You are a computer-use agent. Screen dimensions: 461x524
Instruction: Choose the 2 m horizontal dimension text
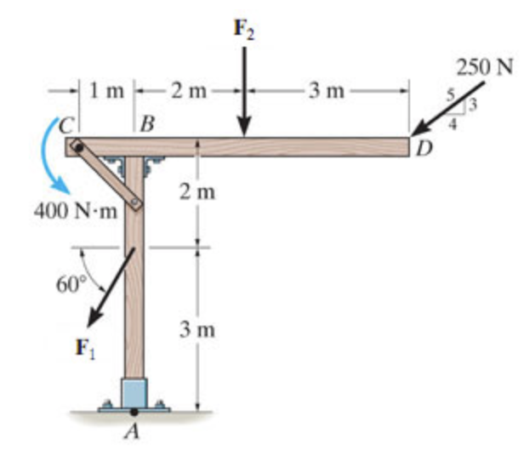pos(185,88)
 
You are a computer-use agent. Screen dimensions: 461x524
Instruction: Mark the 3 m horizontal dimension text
pos(326,88)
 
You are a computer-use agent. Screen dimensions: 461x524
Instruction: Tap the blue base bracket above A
pos(134,392)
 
